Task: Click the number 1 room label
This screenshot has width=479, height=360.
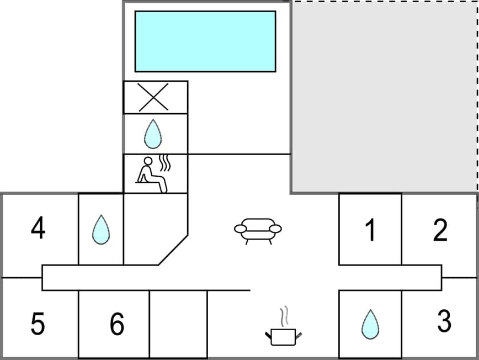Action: [x=371, y=230]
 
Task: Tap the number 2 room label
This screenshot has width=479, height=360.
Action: [x=440, y=230]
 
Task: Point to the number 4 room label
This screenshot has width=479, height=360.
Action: [x=38, y=229]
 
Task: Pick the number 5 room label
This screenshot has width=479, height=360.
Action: [x=38, y=324]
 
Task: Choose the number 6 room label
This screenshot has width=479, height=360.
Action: [x=116, y=324]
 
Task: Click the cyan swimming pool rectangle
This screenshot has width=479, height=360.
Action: [x=205, y=41]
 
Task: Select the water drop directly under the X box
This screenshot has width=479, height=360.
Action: [x=153, y=134]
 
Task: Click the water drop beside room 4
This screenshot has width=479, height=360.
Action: [x=100, y=229]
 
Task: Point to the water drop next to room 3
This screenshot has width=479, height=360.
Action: [x=370, y=324]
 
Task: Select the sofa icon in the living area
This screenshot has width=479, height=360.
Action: [x=258, y=229]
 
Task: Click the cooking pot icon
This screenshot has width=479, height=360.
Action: [x=284, y=336]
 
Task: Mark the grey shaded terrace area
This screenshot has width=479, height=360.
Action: [x=384, y=97]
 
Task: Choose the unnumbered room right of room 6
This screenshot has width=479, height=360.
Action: [x=178, y=324]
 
